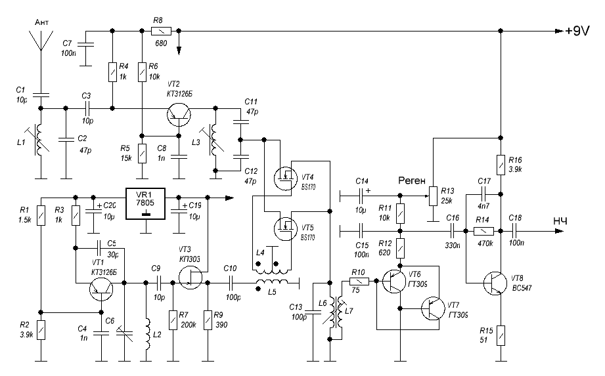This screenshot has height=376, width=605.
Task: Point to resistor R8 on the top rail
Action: pyautogui.click(x=161, y=31)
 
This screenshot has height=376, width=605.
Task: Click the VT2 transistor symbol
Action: pyautogui.click(x=177, y=116)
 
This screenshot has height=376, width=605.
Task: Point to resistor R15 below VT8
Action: pyautogui.click(x=501, y=336)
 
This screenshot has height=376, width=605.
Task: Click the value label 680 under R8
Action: pyautogui.click(x=161, y=43)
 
